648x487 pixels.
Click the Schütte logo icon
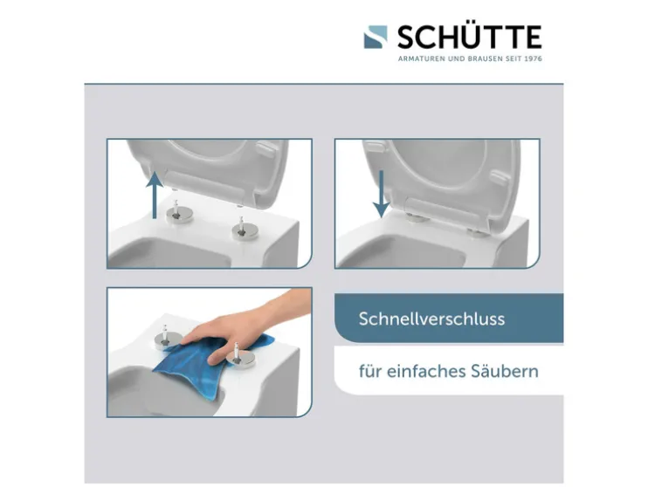[376, 38]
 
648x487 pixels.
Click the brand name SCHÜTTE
[470, 37]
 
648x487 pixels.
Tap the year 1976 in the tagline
[534, 58]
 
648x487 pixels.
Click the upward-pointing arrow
[155, 195]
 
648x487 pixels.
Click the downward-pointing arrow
[381, 194]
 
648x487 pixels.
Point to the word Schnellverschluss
[432, 319]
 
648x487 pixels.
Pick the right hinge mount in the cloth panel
[238, 354]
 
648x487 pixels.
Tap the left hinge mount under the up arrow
[179, 212]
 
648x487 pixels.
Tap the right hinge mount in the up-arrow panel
[244, 230]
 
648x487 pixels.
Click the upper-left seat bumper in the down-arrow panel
[376, 147]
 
